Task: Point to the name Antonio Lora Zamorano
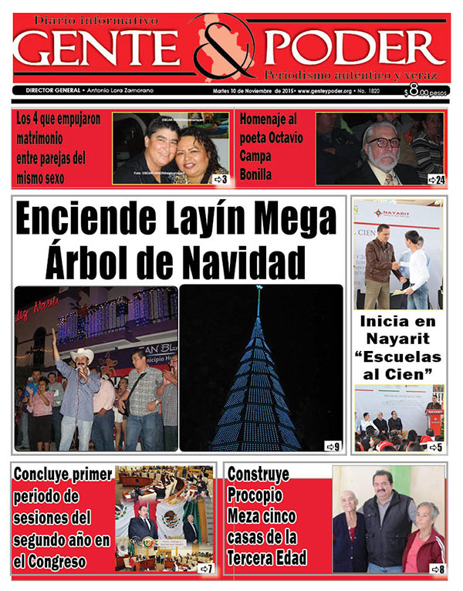(x=122, y=90)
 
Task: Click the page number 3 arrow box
(x=219, y=179)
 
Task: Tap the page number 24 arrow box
(x=436, y=179)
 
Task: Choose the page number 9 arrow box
(x=332, y=446)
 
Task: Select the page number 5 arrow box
(x=436, y=446)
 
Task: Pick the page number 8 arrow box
(x=436, y=569)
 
